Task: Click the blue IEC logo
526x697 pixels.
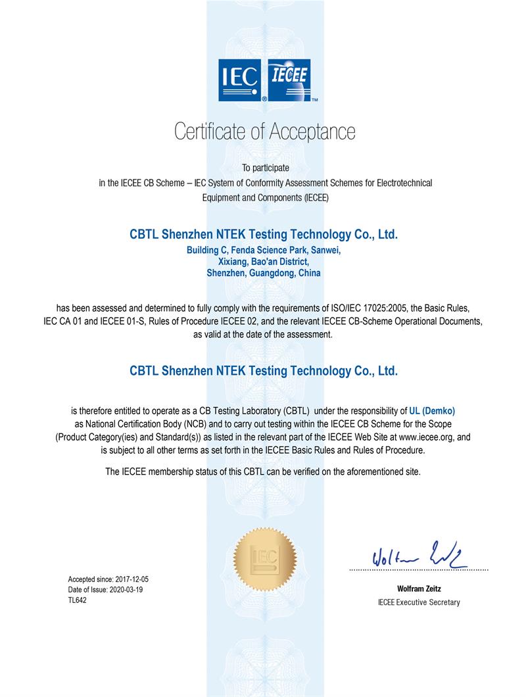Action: tap(241, 81)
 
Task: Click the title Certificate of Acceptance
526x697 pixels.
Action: tap(264, 132)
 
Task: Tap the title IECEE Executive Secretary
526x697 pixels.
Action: tap(419, 602)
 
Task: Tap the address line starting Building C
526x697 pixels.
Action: tap(264, 251)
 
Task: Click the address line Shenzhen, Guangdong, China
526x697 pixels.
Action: tap(264, 273)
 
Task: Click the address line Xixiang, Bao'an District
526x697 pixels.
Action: tap(264, 262)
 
